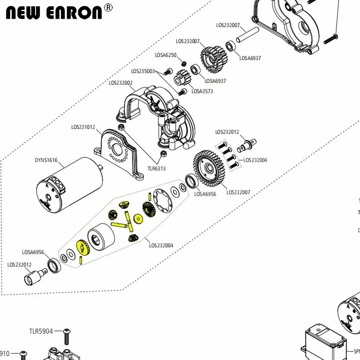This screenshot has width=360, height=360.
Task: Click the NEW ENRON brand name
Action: (54, 12)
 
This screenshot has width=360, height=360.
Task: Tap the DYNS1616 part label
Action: (46, 160)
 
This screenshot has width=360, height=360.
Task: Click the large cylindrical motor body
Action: (70, 184)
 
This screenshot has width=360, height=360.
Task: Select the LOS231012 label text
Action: (83, 127)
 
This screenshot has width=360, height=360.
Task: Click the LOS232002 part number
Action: (121, 83)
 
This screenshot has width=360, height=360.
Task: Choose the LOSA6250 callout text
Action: (166, 55)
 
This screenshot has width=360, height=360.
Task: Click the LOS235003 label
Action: (143, 71)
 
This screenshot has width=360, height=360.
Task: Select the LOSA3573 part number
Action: (202, 91)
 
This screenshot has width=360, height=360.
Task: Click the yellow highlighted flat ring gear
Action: (83, 248)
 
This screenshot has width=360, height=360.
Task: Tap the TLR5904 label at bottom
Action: (41, 331)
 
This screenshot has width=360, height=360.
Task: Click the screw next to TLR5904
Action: (66, 337)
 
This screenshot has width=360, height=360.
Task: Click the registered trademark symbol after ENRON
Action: (108, 7)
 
